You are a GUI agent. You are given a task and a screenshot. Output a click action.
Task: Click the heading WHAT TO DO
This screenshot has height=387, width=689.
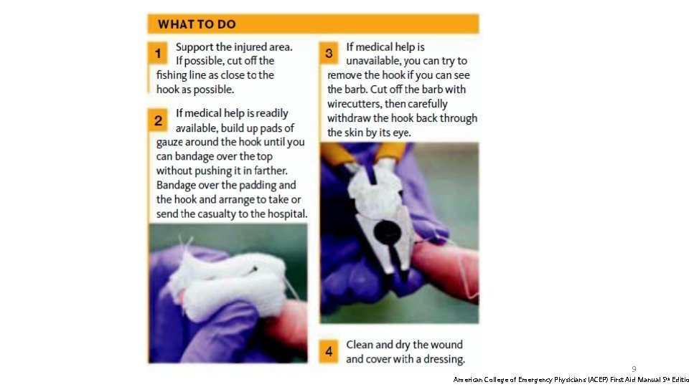197,24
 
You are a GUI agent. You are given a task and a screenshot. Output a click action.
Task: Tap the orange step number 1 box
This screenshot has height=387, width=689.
157,53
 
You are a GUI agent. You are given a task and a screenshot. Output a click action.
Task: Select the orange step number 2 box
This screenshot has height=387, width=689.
157,120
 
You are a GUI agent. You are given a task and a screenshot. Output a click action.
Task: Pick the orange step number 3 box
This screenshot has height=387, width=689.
329,53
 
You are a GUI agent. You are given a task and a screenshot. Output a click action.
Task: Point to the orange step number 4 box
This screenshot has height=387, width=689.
329,351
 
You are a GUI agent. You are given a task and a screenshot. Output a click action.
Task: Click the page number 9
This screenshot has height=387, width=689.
634,369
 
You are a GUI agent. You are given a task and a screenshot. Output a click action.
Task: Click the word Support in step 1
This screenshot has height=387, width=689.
194,47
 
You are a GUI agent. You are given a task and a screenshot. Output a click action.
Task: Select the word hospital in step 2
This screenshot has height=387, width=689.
288,214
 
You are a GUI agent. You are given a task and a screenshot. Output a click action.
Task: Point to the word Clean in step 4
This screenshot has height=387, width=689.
359,345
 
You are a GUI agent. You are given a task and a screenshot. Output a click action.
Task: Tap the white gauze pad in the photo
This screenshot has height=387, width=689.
228,284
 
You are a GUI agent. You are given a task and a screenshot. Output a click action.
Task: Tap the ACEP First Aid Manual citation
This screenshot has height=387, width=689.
571,380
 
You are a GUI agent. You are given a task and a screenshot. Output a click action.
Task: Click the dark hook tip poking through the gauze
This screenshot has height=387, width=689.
254,269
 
